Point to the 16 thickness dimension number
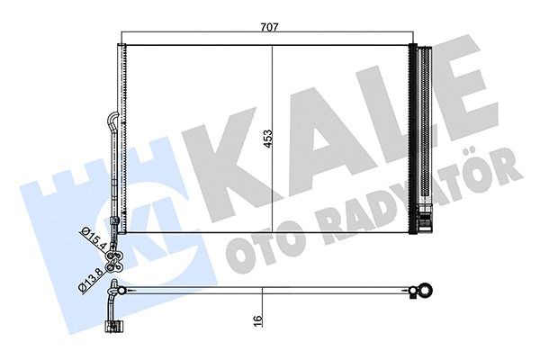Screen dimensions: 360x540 tap(256, 319)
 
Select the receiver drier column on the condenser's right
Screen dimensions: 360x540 tap(423, 135)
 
